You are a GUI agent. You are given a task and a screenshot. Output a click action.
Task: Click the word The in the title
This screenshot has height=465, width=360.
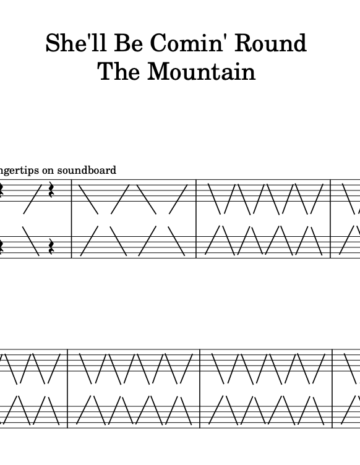pyautogui.click(x=119, y=71)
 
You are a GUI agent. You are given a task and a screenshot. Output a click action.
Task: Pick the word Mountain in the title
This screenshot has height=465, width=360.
pyautogui.click(x=201, y=71)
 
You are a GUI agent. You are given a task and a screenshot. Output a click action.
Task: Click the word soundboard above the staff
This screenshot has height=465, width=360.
pyautogui.click(x=87, y=170)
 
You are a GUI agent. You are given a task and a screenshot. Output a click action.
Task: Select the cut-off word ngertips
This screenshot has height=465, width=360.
pyautogui.click(x=19, y=171)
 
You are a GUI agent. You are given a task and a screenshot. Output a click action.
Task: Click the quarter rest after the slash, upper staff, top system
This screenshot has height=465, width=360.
pyautogui.click(x=51, y=190)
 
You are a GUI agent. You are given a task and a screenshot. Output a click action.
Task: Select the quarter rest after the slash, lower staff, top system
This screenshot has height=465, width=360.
pyautogui.click(x=51, y=247)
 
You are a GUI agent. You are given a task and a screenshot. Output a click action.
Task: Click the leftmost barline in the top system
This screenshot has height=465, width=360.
pyautogui.click(x=72, y=219)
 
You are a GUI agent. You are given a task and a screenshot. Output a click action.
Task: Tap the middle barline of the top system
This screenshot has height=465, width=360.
pyautogui.click(x=196, y=219)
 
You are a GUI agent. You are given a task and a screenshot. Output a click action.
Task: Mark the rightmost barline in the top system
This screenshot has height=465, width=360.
pyautogui.click(x=331, y=219)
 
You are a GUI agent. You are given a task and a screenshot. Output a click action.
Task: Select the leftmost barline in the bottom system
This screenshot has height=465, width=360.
pyautogui.click(x=68, y=389)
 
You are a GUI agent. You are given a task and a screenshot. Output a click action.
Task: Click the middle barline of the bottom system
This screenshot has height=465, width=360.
pyautogui.click(x=200, y=389)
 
